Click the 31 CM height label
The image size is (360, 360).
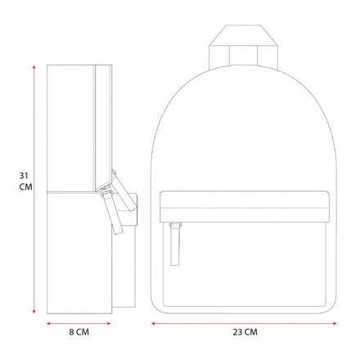pos(25,182)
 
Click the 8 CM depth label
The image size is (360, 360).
pos(79,332)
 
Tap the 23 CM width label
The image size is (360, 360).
pos(245,332)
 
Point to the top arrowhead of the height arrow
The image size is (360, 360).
pos(34,67)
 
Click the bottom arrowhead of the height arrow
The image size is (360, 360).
pos(34,312)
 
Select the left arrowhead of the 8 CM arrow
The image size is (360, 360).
pos(49,323)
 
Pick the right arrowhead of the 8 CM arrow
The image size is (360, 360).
pos(109,323)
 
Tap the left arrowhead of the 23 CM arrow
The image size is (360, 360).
pos(154,323)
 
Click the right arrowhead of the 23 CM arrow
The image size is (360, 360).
pos(334,323)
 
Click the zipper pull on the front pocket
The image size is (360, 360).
pos(175,244)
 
